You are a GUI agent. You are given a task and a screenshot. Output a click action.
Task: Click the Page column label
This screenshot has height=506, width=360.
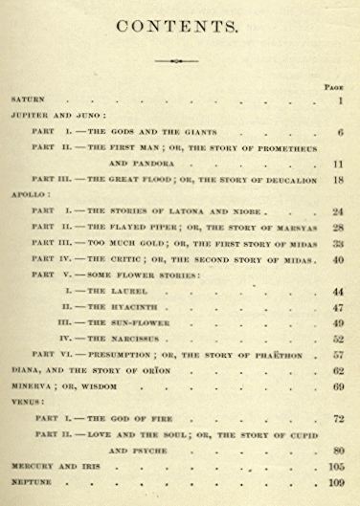pos(333,85)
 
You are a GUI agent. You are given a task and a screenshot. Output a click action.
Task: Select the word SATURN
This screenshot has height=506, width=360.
pos(28,99)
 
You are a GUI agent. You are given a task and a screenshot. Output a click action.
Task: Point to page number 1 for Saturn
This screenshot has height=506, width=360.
pos(339,99)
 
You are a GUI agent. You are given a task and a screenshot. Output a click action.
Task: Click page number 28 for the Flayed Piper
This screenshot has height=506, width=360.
pos(337,227)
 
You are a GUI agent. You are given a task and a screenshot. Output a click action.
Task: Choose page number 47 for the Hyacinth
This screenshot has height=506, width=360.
pos(337,308)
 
